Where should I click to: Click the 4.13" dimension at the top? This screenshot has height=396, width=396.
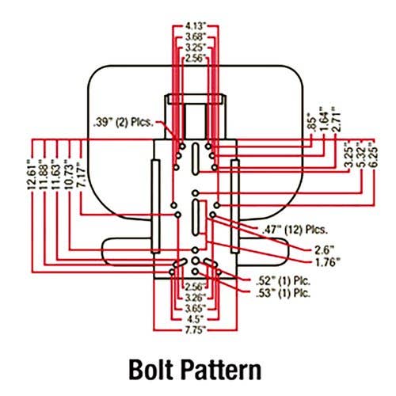pos(196,26)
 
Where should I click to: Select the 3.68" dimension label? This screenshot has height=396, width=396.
pos(196,37)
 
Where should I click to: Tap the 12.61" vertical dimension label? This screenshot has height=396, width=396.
pos(32,173)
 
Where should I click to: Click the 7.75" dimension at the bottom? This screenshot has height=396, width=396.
pos(196,330)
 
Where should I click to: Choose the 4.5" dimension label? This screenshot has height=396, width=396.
pos(196,319)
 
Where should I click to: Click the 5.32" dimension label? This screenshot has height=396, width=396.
pos(361,154)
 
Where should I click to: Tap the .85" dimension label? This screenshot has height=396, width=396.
pos(312,121)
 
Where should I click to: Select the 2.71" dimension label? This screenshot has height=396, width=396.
pos(336,119)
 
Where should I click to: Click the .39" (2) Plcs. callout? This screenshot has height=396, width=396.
pos(124,123)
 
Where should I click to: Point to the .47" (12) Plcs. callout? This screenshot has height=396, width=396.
pos(295,230)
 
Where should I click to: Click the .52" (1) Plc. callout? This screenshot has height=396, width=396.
pos(283,281)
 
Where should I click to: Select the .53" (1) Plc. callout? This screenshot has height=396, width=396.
pos(283,293)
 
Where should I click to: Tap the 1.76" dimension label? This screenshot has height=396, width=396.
pos(327,262)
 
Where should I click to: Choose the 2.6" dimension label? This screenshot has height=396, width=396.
pos(325,249)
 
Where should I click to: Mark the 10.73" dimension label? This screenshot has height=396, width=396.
pos(69,176)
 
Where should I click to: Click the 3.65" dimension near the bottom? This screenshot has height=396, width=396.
pos(196,308)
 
